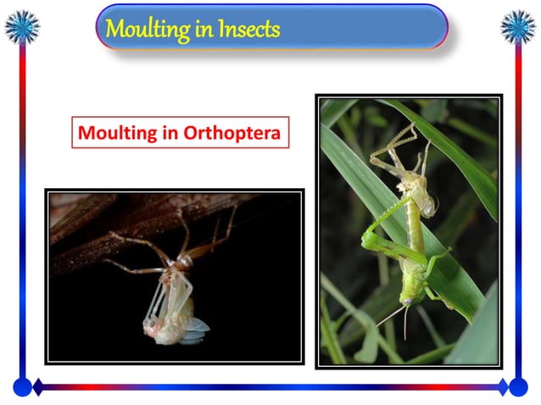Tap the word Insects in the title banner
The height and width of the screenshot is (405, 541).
click(248, 30)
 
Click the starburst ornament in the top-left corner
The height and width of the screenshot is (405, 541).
click(22, 26)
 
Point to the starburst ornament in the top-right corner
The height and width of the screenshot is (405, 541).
click(517, 26)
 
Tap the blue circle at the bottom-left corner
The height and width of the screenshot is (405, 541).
click(22, 387)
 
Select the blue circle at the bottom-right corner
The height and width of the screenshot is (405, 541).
click(517, 387)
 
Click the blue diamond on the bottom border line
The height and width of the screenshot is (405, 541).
click(503, 387)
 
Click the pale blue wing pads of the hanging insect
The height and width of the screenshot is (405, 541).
click(196, 326)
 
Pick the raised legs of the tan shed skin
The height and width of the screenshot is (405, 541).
click(395, 144)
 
